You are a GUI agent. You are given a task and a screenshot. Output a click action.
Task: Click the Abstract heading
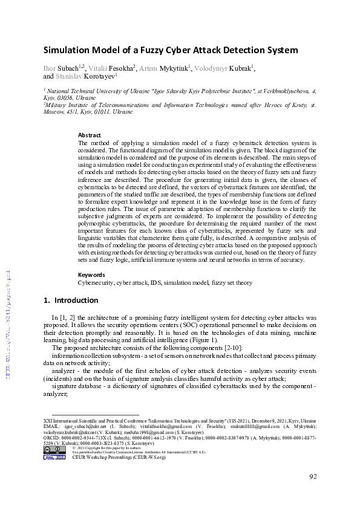point(90,135)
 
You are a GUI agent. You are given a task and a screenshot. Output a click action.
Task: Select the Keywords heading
point(91,275)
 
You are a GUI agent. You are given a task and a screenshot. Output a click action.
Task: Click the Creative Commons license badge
point(54,449)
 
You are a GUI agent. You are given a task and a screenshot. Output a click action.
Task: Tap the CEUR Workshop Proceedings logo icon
point(54,457)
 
